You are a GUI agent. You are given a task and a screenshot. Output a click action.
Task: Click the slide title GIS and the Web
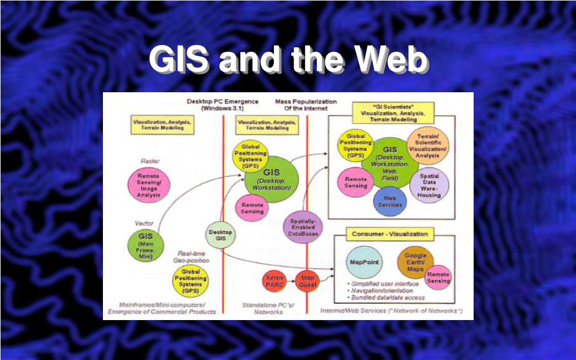[x=287, y=61]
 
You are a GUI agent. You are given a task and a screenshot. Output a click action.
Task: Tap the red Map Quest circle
[x=307, y=280]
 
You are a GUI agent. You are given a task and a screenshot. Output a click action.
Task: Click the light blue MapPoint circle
[x=364, y=263]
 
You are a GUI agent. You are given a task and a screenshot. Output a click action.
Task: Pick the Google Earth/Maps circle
[x=415, y=263]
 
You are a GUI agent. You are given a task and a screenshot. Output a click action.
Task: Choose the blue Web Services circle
[x=389, y=201]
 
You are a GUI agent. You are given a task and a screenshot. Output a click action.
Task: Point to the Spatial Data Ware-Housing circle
[x=430, y=185]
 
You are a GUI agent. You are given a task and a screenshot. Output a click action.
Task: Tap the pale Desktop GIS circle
[x=220, y=236]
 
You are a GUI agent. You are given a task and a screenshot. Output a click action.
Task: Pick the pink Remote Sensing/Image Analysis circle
[x=148, y=186]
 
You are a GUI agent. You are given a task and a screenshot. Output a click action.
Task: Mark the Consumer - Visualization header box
[x=390, y=233]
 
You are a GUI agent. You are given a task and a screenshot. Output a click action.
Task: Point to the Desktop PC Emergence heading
[x=223, y=105]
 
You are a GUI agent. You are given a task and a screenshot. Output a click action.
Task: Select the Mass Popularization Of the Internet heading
[x=305, y=105]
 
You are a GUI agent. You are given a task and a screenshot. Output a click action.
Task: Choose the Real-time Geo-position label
[x=194, y=257]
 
